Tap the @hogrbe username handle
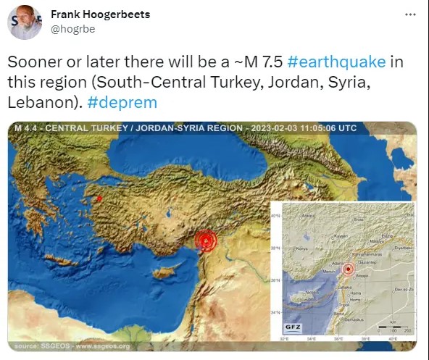[74, 30]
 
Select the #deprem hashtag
[122, 102]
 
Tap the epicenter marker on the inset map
[349, 269]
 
